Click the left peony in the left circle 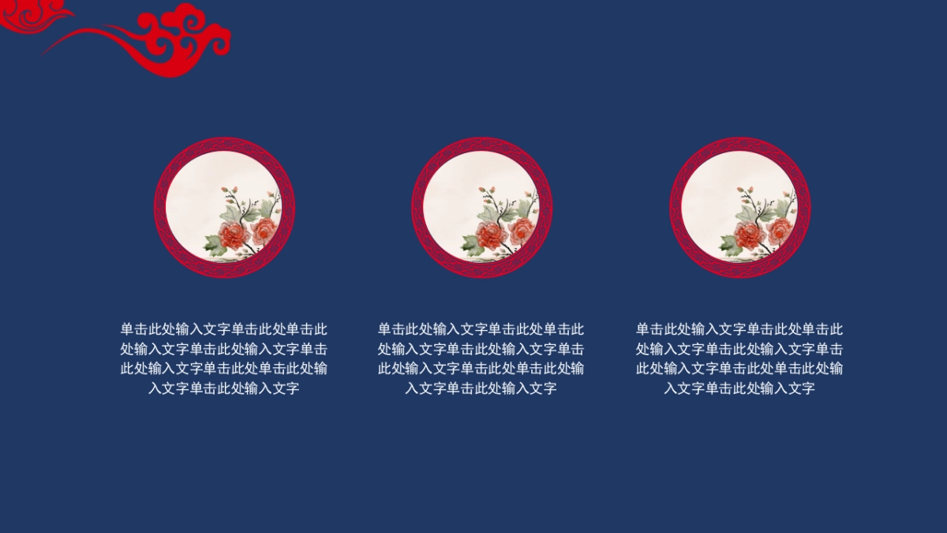click(x=233, y=235)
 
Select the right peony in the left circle click(x=264, y=230)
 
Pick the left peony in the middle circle click(x=490, y=235)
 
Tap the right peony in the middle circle click(x=522, y=230)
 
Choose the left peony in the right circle click(x=748, y=235)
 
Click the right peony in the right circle click(x=780, y=230)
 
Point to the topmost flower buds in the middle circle click(x=487, y=190)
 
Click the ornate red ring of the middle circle click(x=481, y=145)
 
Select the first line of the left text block click(x=224, y=329)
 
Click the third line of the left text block click(x=224, y=368)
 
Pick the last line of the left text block click(x=224, y=388)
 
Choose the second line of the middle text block click(x=481, y=349)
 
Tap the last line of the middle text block click(x=481, y=388)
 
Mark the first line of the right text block click(x=739, y=329)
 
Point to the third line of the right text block click(x=739, y=368)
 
